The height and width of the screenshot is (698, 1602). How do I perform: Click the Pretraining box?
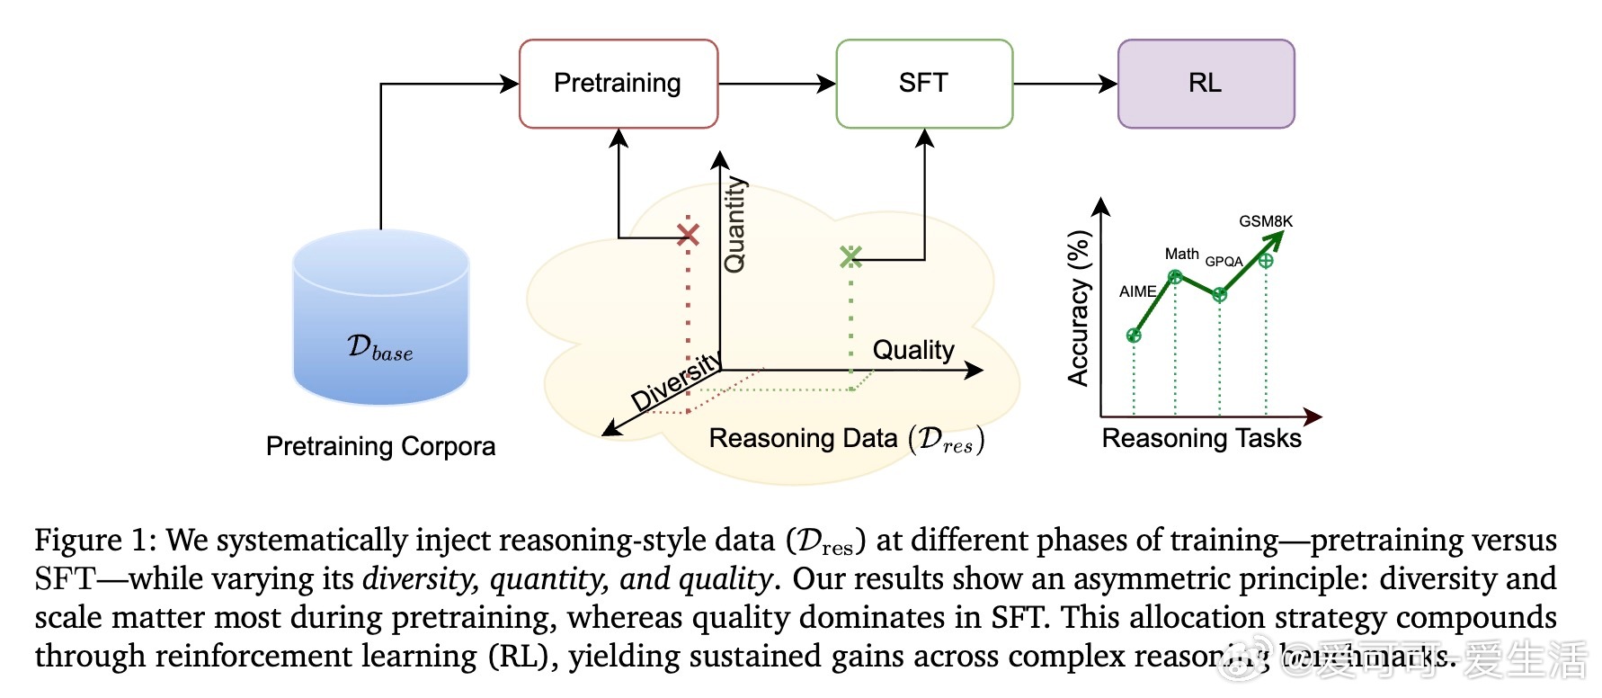[618, 84]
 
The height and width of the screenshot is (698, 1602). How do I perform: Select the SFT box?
[923, 84]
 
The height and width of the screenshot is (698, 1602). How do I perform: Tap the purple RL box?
[1205, 84]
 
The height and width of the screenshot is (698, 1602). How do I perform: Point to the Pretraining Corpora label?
[380, 446]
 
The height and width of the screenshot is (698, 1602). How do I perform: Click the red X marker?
[688, 235]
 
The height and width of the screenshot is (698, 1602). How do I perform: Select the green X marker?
[850, 257]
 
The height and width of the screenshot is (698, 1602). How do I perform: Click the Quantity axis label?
[734, 225]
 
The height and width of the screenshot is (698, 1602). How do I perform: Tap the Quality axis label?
[913, 350]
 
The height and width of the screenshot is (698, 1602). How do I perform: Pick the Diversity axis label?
[676, 382]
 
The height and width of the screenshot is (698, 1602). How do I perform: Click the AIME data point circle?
[1134, 336]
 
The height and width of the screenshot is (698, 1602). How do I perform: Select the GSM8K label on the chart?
[1266, 221]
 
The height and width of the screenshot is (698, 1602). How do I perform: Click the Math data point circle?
[1175, 277]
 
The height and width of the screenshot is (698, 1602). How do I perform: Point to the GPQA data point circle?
[1219, 295]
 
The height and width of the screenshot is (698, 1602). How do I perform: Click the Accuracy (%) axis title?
[1078, 309]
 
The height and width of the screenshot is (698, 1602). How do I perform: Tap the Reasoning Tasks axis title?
[1201, 438]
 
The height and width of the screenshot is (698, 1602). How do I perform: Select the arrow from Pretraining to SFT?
[777, 84]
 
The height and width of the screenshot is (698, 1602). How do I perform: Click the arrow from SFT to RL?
[1064, 84]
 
